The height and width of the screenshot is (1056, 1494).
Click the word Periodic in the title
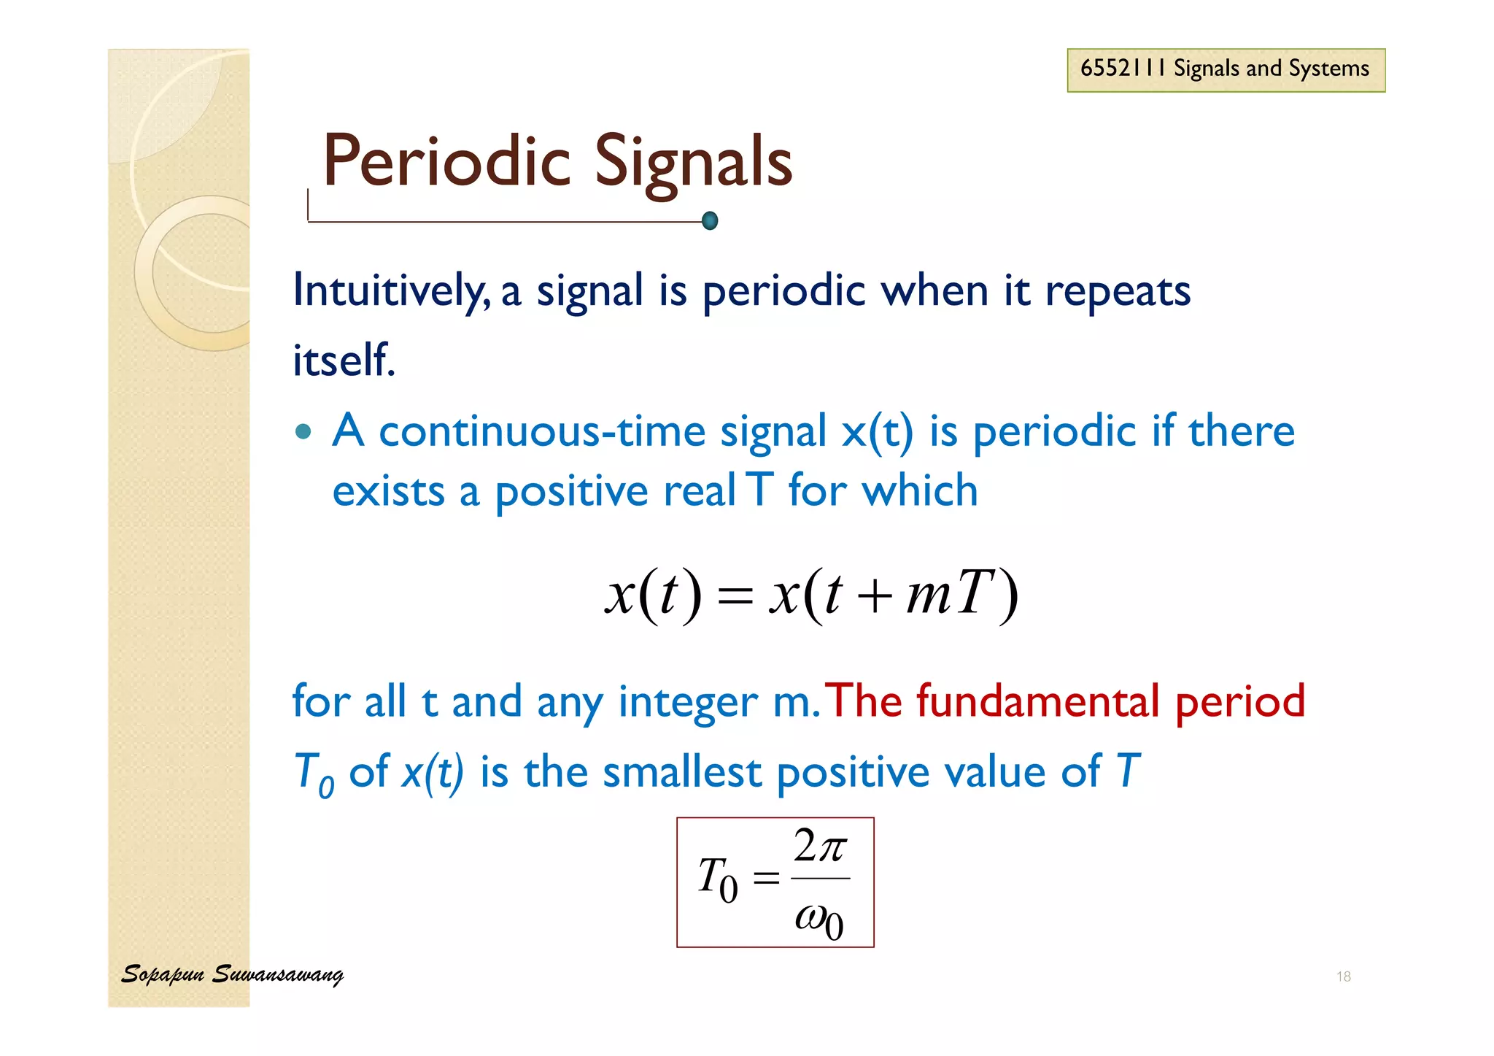tap(446, 162)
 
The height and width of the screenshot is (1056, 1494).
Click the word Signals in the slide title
tap(693, 162)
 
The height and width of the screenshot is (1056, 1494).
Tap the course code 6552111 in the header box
tap(1123, 69)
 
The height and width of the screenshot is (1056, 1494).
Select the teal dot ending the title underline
tap(709, 220)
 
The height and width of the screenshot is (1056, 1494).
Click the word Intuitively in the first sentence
tap(390, 290)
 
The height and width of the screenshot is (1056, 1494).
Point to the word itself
tap(343, 360)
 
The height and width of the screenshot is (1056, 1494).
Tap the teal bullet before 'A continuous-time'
tap(303, 431)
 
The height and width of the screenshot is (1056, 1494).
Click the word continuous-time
tap(541, 431)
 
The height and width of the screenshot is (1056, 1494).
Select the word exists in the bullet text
tap(388, 490)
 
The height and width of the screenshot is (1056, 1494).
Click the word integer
tap(687, 702)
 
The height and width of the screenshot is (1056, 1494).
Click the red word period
tap(1240, 702)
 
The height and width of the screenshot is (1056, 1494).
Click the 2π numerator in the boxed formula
tap(820, 847)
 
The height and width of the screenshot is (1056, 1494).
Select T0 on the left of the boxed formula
tap(717, 879)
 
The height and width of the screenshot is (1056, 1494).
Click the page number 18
tap(1343, 976)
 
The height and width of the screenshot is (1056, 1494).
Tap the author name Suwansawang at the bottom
tap(277, 974)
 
